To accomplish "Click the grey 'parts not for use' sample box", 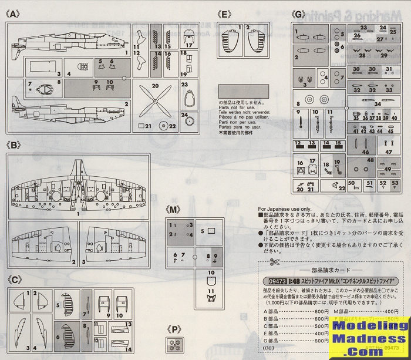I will (243, 91).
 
